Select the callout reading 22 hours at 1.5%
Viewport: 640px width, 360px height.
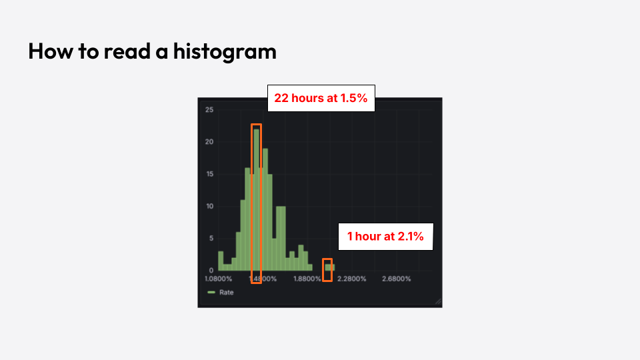point(321,98)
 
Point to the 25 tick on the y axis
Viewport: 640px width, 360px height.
point(209,109)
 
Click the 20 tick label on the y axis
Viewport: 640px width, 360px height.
point(209,142)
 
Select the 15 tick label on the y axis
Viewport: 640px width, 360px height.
point(209,174)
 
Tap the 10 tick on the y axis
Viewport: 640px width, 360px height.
point(209,206)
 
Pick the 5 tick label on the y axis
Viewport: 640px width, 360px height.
point(211,238)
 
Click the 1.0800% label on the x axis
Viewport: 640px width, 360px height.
point(219,279)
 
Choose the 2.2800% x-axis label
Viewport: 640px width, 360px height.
point(351,279)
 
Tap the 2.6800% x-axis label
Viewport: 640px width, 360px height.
point(396,279)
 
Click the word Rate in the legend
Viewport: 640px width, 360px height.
point(227,293)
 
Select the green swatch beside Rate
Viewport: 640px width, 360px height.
point(211,293)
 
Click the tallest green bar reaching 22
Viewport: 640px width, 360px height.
point(256,200)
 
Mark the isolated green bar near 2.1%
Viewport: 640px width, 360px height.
point(329,267)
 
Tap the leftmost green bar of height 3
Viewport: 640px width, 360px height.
point(221,261)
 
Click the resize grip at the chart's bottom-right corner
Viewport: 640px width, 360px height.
point(438,303)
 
